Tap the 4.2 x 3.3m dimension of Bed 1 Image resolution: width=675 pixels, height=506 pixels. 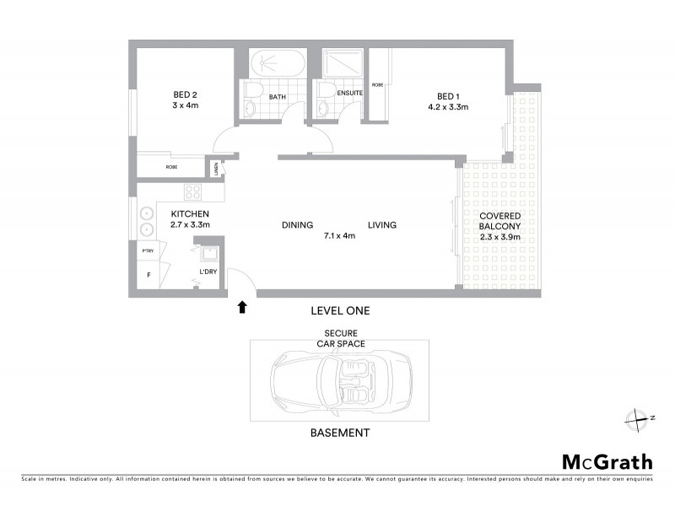(x=447, y=107)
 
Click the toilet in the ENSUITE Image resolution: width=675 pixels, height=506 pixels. (x=324, y=108)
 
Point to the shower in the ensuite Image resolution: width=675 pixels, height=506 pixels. (x=343, y=63)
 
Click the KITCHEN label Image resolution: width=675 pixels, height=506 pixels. (x=190, y=214)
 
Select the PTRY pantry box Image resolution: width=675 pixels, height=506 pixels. (x=147, y=251)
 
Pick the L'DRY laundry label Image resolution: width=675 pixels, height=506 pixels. (x=208, y=272)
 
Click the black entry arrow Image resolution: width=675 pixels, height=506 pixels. (x=243, y=307)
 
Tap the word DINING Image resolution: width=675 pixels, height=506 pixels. (x=298, y=225)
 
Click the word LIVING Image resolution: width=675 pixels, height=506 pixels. (x=381, y=225)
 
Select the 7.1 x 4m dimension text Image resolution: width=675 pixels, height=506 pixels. (x=339, y=236)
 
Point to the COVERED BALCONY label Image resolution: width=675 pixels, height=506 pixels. (x=501, y=221)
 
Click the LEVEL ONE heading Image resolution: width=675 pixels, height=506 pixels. (x=340, y=311)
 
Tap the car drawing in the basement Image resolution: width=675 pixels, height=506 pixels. (x=339, y=385)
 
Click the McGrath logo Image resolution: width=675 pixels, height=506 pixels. (x=607, y=461)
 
